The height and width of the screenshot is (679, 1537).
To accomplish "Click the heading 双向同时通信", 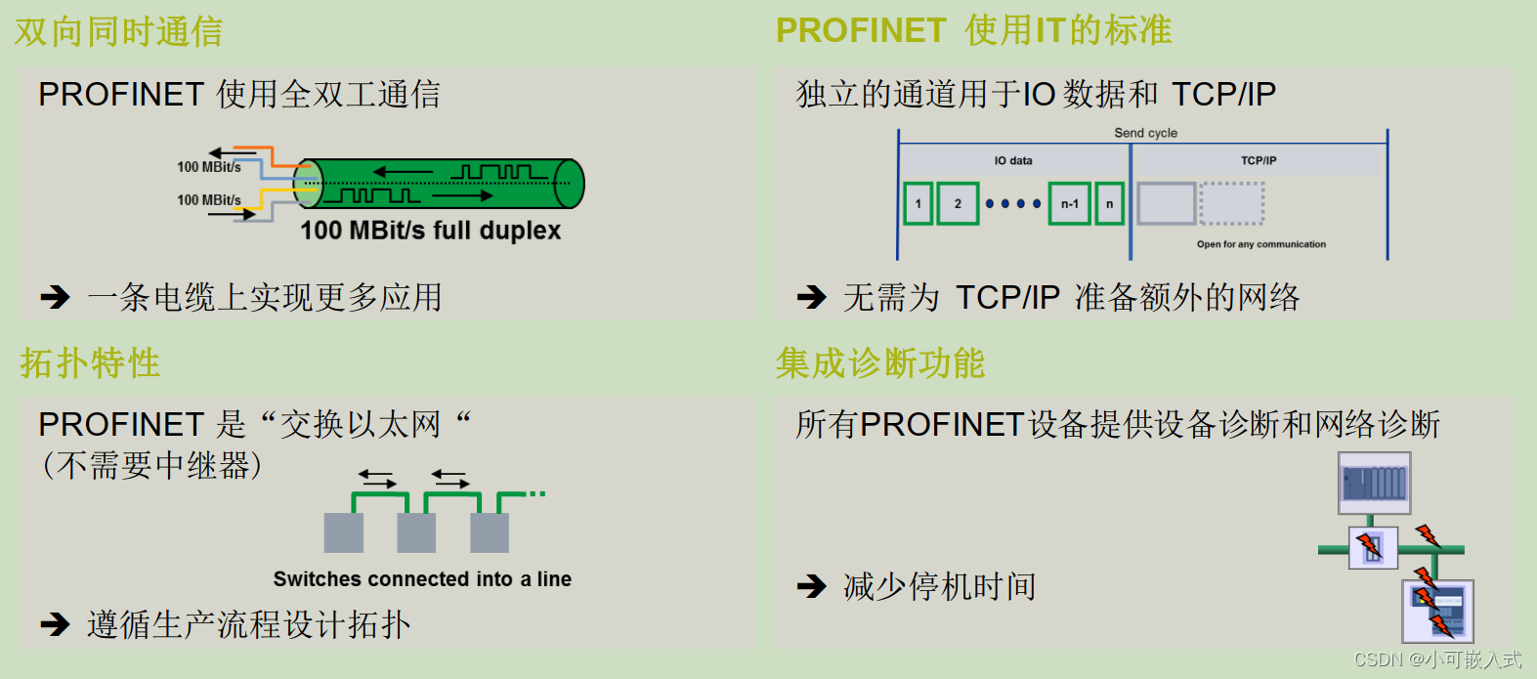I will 118,32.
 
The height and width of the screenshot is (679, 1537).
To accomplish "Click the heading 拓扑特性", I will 90,363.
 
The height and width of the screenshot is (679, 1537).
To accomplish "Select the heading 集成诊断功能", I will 879,363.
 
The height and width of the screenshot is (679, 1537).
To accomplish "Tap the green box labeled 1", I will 918,203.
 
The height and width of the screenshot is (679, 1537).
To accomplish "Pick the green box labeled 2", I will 958,203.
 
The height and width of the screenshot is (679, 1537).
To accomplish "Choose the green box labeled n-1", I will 1069,203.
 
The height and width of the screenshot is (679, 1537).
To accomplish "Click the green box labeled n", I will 1109,203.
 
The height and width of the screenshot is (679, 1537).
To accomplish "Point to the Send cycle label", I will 1145,133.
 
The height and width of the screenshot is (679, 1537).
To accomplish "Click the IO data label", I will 1013,160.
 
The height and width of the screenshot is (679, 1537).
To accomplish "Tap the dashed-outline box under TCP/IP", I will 1231,203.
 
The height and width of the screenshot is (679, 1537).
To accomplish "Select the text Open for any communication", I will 1260,244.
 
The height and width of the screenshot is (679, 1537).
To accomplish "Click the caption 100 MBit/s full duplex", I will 430,231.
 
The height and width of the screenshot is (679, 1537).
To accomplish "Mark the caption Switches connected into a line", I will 422,579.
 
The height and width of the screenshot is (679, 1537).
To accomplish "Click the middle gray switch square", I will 416,533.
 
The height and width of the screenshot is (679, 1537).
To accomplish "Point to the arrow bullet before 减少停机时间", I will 811,586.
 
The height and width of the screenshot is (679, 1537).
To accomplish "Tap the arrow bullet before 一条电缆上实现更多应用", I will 55,297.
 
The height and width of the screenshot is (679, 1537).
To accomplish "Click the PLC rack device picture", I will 1374,483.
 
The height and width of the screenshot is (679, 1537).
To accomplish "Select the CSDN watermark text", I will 1437,659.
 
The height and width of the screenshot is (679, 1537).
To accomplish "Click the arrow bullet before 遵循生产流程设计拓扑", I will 55,624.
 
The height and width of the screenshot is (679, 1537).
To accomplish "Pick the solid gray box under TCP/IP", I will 1167,203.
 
